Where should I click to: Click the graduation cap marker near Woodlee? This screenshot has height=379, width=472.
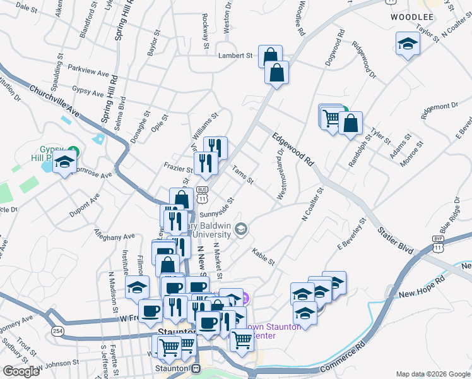(408, 44)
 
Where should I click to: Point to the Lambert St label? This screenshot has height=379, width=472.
(235, 56)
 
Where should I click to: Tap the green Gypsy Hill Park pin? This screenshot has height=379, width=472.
(73, 152)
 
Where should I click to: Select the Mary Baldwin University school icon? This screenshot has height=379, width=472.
(240, 229)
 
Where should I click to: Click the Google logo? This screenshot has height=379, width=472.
(21, 371)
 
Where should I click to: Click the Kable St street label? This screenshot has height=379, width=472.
(263, 257)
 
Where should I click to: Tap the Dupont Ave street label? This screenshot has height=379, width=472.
(85, 206)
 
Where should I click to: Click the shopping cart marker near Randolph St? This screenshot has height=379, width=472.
(331, 119)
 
